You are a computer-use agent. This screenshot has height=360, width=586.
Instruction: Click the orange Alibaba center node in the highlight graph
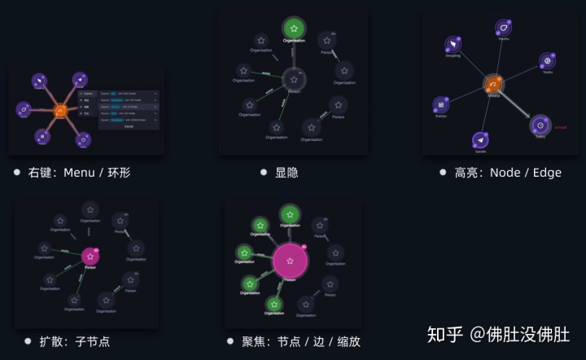493,85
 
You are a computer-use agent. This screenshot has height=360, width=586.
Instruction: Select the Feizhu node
504,29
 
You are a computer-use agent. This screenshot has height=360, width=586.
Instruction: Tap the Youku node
548,61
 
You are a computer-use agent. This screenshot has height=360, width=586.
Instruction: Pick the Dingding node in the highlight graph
453,44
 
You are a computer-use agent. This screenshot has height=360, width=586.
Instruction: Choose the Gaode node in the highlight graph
480,141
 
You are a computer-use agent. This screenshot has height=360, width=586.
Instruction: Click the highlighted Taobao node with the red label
540,125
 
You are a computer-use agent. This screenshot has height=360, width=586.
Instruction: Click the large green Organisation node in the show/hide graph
294,29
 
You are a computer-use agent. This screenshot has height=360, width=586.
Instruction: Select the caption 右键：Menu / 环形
79,173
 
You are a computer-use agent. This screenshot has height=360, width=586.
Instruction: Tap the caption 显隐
286,173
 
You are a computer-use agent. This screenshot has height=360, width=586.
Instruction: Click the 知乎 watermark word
445,334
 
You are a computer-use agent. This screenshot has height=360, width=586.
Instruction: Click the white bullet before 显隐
264,173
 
